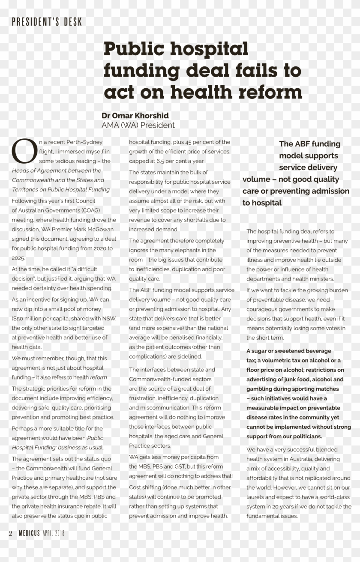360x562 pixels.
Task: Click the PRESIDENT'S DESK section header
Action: tap(47, 22)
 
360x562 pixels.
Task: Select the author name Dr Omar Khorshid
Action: tap(135, 116)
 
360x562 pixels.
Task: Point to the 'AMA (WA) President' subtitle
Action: tap(138, 125)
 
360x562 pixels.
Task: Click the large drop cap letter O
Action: tap(24, 151)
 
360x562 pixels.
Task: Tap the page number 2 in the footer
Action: tap(10, 533)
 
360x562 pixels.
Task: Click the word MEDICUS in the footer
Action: tap(29, 533)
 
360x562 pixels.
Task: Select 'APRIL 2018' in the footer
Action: tap(53, 533)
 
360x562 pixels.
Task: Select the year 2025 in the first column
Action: tap(18, 258)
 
